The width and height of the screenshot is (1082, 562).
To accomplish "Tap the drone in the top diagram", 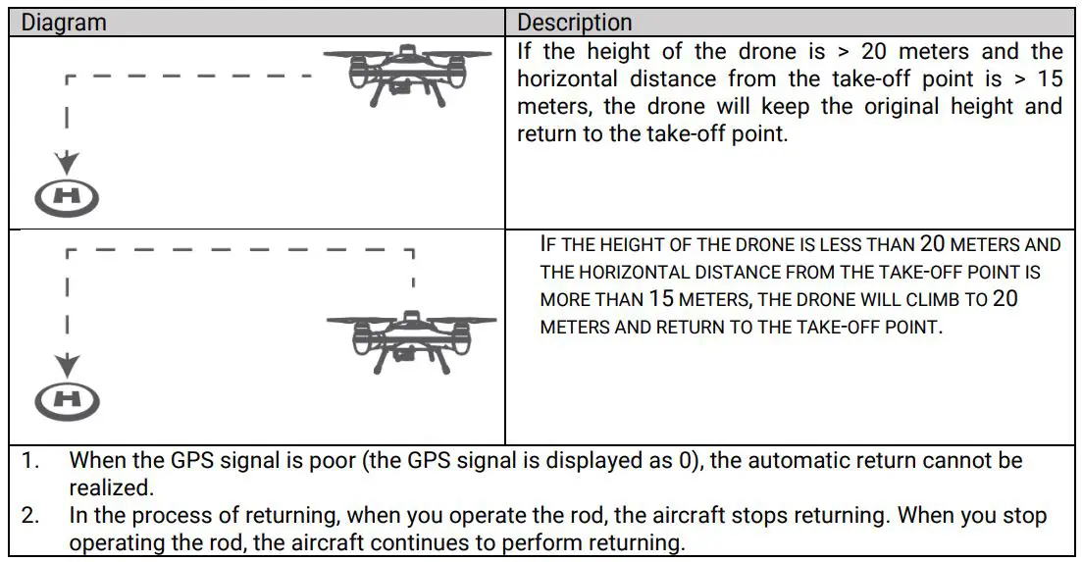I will point(406,76).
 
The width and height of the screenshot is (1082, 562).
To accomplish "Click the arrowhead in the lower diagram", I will point(67,365).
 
